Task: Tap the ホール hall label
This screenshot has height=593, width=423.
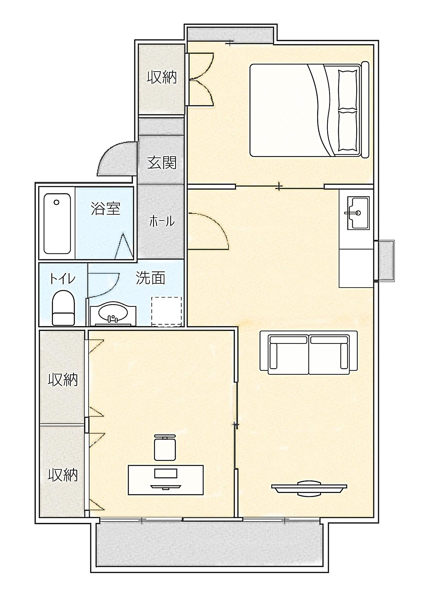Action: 162,222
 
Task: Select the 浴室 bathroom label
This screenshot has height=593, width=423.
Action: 106,209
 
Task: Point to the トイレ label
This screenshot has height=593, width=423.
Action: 62,279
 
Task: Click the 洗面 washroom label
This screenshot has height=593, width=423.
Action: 150,278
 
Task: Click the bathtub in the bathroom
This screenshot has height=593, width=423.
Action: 57,224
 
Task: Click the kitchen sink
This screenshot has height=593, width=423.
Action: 358,213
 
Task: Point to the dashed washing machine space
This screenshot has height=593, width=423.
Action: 167,311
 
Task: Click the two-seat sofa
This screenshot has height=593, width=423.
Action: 309,353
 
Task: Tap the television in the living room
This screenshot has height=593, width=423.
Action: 309,489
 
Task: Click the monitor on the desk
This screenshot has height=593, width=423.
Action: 166,473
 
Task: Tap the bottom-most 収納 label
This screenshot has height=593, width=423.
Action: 63,475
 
